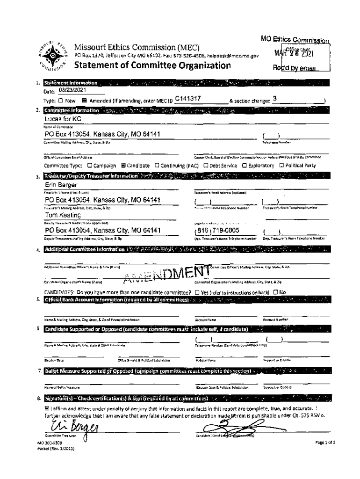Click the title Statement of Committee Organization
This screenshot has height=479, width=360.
152,65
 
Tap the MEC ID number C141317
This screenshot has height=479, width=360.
187,99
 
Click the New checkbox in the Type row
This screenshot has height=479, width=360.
61,101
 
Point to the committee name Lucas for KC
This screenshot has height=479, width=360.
60,120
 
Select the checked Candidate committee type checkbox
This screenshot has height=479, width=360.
123,166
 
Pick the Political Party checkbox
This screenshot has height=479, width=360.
282,166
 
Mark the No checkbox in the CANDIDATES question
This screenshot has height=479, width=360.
275,293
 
